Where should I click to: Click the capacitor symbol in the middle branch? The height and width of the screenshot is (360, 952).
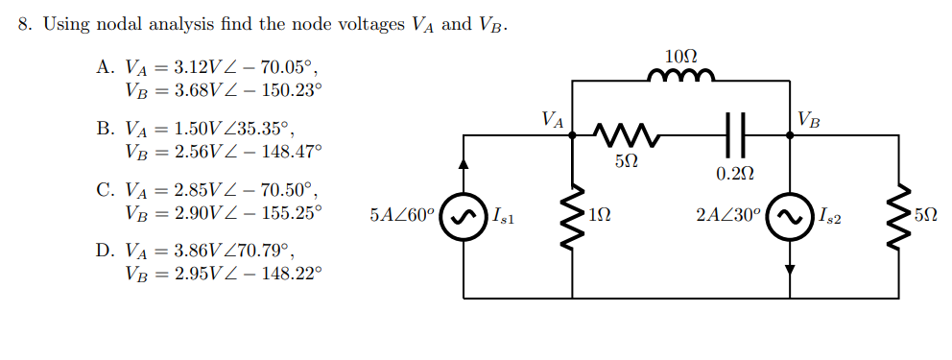[736, 135]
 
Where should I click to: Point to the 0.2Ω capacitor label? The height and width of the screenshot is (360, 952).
[736, 173]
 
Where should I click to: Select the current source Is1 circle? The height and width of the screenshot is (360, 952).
[464, 216]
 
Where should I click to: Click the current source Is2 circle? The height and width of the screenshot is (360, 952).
[790, 216]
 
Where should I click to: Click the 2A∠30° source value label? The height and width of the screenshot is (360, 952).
[729, 216]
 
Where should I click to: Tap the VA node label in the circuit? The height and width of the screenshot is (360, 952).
[552, 119]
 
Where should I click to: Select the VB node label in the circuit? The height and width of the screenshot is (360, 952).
[809, 119]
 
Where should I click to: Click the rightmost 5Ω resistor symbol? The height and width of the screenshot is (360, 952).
[899, 215]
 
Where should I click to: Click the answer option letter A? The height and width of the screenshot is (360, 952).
[105, 68]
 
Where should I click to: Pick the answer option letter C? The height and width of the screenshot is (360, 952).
[105, 189]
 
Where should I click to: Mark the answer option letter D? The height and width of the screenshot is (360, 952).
[105, 251]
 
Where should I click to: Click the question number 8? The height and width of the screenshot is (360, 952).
[25, 24]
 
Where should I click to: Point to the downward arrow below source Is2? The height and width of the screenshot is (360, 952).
[790, 270]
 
